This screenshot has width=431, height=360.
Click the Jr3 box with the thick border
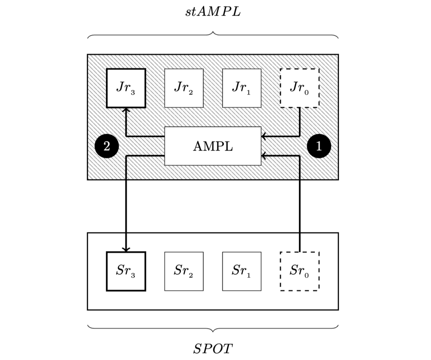[x=126, y=88]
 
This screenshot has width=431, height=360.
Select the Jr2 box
[x=184, y=88]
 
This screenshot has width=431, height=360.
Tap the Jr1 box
[x=242, y=88]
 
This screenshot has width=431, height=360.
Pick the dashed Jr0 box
[x=299, y=88]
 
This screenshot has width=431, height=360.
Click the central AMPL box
[x=213, y=146]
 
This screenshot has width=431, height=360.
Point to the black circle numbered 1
[x=319, y=146]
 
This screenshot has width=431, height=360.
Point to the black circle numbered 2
[x=106, y=146]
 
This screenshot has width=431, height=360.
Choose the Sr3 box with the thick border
[x=126, y=271]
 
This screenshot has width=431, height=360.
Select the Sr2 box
[x=184, y=271]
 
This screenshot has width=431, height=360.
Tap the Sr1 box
[x=242, y=271]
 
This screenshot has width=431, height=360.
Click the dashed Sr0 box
[x=299, y=271]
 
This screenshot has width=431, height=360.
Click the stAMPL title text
[x=213, y=11]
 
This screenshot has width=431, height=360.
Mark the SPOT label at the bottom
[x=213, y=349]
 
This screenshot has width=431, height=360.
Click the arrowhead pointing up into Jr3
[x=126, y=110]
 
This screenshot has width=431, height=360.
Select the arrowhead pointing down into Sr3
[x=126, y=249]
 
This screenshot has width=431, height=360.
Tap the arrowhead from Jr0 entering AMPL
[x=263, y=136]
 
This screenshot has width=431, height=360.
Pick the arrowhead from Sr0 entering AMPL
[x=263, y=156]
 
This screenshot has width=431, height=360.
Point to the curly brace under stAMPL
[x=213, y=35]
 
